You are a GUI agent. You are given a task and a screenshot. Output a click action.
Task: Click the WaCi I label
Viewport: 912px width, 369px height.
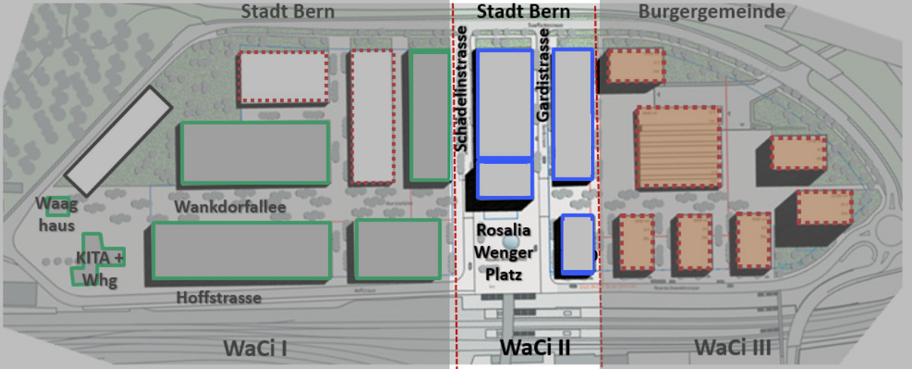point(256,348)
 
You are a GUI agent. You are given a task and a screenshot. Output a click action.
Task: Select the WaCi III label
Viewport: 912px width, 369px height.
point(733,348)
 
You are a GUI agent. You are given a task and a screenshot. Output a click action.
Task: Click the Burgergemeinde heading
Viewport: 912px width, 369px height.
point(711,11)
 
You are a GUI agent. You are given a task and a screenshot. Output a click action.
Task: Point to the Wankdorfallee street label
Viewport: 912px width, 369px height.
point(230,207)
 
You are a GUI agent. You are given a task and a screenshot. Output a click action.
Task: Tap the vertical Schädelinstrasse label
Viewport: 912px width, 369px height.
point(462,88)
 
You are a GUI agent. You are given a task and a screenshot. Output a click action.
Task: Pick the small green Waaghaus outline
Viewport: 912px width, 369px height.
point(58,206)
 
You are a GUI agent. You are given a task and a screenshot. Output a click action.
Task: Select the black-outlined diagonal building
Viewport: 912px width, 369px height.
point(118,141)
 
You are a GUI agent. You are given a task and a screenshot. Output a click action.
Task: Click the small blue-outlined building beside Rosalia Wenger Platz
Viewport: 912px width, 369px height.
point(578,244)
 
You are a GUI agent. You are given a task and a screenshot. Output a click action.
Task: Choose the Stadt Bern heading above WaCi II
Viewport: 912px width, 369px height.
point(523,11)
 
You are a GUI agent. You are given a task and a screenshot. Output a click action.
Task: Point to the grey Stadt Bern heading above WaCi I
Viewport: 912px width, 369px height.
point(287,11)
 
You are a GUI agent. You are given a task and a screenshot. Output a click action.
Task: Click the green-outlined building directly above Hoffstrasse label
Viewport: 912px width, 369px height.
point(242,250)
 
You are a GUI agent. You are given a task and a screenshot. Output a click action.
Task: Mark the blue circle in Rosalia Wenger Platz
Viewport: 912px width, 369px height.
point(510,244)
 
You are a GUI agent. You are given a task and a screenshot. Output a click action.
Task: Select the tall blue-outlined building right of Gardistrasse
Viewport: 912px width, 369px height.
point(573,114)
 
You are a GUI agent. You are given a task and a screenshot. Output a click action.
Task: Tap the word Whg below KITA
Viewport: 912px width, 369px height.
point(99,281)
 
